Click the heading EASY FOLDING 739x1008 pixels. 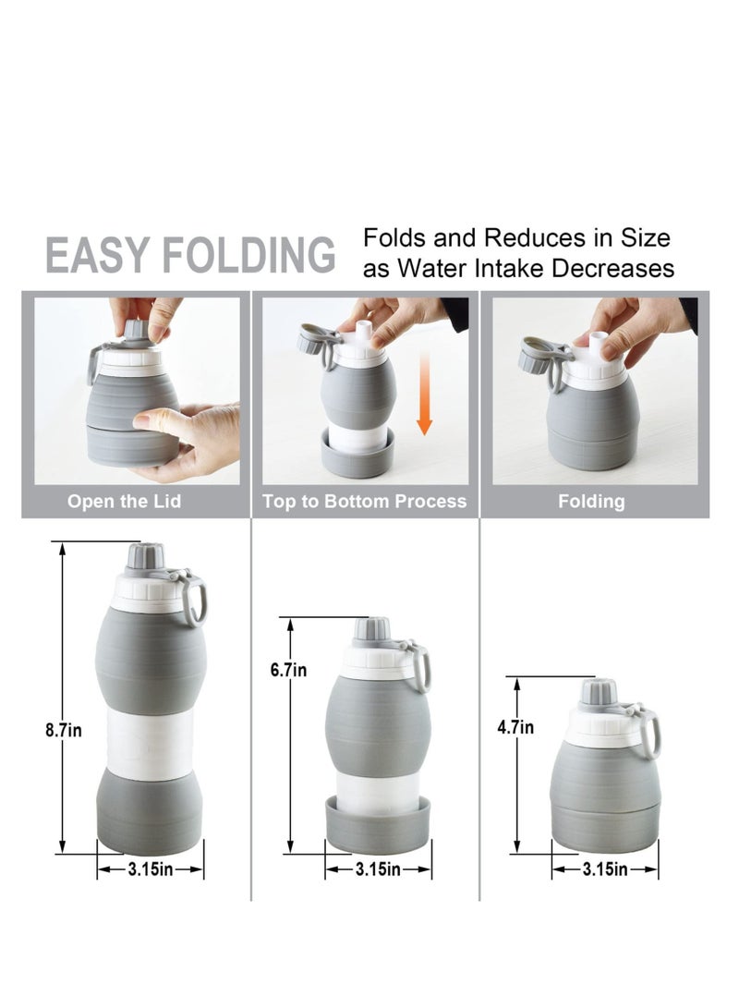coord(190,254)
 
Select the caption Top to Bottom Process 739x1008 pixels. coord(365,502)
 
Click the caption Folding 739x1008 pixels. coord(591,502)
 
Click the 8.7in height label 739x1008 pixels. coord(63,730)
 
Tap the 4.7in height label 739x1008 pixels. coord(515,727)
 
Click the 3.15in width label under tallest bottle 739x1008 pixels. coord(151,868)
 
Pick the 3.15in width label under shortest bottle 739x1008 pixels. coord(605,868)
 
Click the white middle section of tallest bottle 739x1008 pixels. coord(151,744)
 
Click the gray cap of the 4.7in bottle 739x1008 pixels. coord(598,692)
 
